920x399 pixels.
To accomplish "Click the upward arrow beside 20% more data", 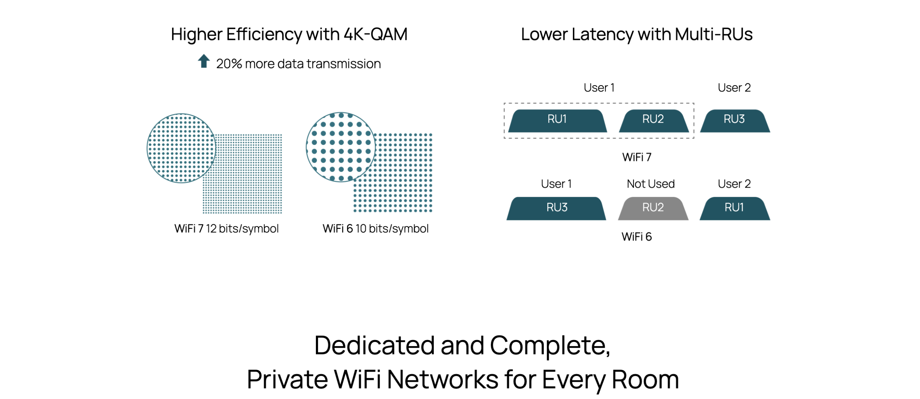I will pos(204,61).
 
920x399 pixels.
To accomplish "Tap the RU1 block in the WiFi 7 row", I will pos(557,121).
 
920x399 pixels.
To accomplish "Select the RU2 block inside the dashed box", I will pos(653,121).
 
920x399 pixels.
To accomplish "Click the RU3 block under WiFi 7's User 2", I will pos(734,121).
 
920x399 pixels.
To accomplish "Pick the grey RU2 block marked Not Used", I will pos(653,208).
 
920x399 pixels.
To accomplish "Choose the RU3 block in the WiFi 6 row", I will pos(557,208).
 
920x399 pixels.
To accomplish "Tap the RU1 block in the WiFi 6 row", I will pos(734,208).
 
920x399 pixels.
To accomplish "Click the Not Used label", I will pos(650,184).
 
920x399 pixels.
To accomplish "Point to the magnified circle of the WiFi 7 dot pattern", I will pos(181,148).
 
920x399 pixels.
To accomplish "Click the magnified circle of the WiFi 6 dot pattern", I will pos(341,147).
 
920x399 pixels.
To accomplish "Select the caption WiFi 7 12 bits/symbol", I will pos(226,229).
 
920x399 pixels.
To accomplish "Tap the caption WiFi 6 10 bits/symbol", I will pos(376,229).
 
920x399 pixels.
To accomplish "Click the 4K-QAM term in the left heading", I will pos(375,35).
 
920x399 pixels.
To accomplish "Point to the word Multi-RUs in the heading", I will pos(713,35).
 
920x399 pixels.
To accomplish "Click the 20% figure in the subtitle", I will pos(229,64).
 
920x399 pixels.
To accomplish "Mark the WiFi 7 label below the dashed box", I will pos(636,157).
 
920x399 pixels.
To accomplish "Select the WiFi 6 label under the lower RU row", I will pos(636,237).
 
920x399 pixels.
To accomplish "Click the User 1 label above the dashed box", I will pos(599,88).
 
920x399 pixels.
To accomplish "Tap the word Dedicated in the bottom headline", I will pos(374,345).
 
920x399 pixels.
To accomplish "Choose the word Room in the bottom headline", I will pos(645,380).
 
